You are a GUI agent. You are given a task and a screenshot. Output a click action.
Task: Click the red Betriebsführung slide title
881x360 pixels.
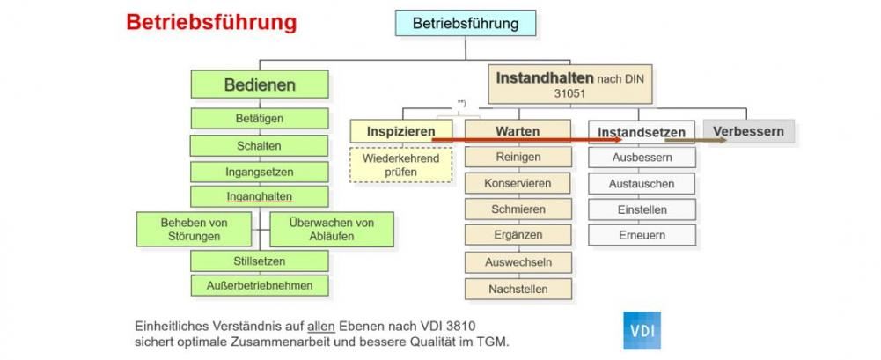coord(211,23)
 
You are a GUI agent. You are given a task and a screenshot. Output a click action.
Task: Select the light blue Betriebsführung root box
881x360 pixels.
coord(466,23)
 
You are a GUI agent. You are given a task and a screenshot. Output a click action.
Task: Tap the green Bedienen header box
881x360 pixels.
coord(260,84)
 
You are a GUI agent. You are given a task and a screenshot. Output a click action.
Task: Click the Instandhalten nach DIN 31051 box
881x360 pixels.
coord(570,84)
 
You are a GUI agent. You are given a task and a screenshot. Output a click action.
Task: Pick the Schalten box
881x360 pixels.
coord(259,145)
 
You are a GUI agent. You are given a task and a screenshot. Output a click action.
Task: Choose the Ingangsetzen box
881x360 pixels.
coord(259,172)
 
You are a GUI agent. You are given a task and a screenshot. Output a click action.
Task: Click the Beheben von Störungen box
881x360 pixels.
coord(194,229)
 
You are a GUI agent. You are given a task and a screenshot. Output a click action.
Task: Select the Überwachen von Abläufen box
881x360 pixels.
coord(332,229)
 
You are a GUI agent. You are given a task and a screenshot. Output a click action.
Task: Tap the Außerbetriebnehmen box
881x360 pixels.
coord(259,285)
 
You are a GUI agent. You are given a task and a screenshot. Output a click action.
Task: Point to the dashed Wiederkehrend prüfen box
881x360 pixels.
coord(400,165)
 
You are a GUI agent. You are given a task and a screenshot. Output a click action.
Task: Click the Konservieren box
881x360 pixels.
coord(518,183)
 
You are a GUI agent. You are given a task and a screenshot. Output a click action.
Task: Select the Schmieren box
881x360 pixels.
coord(518,209)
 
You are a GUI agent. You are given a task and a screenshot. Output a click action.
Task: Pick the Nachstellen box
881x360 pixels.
coord(518,290)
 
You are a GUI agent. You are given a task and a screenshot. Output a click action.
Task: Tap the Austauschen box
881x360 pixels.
coord(642,184)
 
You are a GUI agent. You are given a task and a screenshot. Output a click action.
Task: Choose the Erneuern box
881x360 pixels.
coord(642,235)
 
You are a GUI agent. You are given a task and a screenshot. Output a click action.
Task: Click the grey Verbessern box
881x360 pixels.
coord(748,131)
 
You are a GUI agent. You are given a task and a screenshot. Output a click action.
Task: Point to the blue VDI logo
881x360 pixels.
coord(642,331)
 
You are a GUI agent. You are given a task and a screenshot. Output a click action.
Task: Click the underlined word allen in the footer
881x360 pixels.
coord(321,326)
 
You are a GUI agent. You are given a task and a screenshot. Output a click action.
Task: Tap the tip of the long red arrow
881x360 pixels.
coord(623,139)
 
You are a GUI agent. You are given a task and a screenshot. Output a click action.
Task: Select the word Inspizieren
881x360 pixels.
coord(401,131)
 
